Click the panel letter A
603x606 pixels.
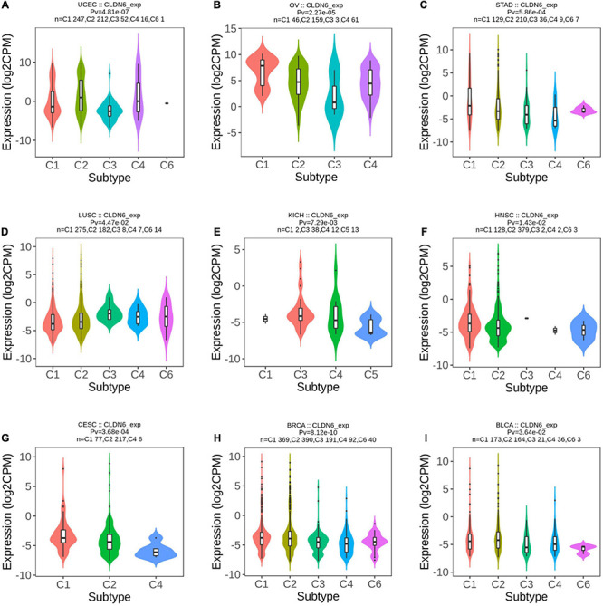coord(6,6)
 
